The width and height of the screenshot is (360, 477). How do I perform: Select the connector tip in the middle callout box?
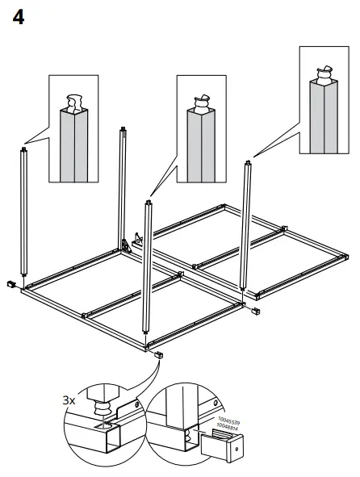coord(200,100)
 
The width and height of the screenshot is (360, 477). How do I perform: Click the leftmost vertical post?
coord(24,214)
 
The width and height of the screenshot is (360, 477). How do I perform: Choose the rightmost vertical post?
coord(245,226)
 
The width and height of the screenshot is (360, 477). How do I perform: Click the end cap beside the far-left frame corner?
coord(12,284)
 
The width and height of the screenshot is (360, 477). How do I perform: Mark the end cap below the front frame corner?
coord(158,355)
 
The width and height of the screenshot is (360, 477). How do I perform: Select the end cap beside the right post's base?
coord(256,311)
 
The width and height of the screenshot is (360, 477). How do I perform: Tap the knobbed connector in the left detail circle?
coord(104,399)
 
